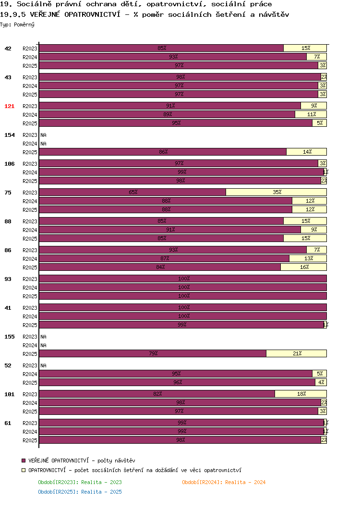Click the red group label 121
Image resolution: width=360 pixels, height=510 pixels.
coord(10,106)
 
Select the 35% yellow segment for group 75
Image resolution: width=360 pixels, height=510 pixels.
coord(276,192)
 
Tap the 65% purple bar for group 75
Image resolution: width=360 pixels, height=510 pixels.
coord(132,192)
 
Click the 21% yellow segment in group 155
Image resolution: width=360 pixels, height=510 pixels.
coord(296,353)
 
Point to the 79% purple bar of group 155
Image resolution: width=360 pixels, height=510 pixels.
coord(153,353)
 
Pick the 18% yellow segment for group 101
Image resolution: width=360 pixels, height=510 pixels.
coord(301,394)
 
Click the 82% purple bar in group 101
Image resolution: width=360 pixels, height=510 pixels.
coord(157,394)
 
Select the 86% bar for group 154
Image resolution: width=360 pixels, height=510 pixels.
coord(163,152)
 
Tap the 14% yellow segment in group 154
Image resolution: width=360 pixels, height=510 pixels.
coord(306,152)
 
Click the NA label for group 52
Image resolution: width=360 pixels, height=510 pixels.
coord(43,365)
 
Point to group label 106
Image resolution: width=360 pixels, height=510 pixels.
coord(10,164)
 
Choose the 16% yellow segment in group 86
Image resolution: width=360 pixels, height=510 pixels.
coord(303,267)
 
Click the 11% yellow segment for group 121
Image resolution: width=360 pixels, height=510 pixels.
coord(311,114)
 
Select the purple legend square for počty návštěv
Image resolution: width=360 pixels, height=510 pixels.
coord(24,461)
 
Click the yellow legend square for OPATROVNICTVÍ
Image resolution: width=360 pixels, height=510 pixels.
coord(24,470)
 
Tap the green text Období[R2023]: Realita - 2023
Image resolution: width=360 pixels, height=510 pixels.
coord(80,482)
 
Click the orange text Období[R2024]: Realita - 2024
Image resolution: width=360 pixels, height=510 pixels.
coord(224,482)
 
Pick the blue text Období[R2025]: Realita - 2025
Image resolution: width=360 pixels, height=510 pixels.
coord(80,492)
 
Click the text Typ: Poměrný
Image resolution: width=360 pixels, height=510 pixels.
coord(17,24)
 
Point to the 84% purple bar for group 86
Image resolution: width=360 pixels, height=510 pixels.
coord(160,267)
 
